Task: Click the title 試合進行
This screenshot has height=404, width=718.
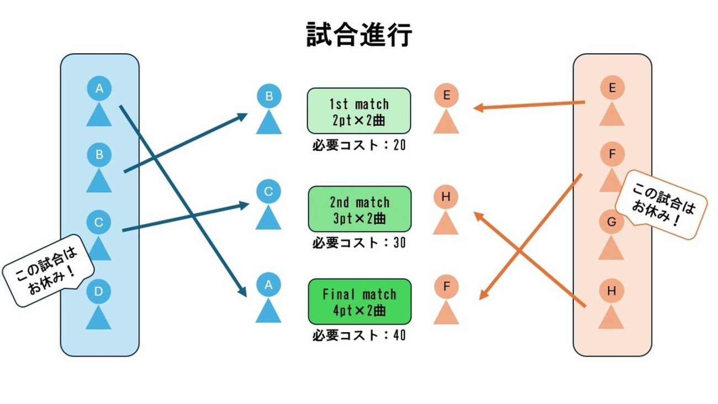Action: coord(359,35)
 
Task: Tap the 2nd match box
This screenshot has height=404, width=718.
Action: coord(359,209)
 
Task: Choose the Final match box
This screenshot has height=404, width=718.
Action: coord(359,302)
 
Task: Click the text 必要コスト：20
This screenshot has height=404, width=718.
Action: coord(359,145)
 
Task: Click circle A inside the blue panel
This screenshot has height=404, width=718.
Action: coord(99,88)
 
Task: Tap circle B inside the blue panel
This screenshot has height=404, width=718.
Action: coord(99,155)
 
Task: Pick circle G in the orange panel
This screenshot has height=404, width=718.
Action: coord(611,222)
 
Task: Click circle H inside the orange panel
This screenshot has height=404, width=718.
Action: coord(611,291)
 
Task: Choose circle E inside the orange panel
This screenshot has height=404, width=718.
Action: coord(611,87)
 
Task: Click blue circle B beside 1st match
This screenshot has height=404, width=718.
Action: coord(269,97)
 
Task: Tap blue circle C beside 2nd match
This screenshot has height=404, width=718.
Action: coord(269,192)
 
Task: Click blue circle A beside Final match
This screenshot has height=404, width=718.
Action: coord(269,285)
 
